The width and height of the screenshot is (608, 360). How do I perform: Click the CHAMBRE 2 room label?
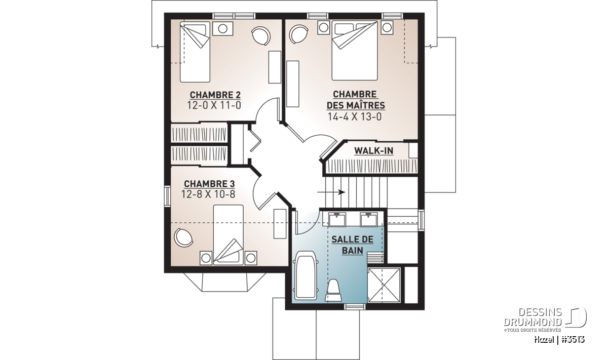coord(215,95)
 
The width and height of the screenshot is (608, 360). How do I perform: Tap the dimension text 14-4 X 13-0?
coord(355,116)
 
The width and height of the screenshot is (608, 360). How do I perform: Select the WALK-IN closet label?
coord(374,150)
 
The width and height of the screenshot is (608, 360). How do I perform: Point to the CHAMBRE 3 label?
coord(209,184)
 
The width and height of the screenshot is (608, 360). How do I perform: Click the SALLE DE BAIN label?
coord(352,245)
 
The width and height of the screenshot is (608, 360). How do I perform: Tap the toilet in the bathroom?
coord(333,290)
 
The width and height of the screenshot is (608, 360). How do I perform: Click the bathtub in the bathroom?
coord(306,275)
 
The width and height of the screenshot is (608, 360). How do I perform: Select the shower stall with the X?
coord(384,285)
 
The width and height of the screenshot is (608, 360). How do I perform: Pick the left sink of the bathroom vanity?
coord(337,219)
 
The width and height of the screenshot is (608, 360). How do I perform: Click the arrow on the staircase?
coord(331,192)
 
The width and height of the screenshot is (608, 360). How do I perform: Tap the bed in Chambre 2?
coord(195,52)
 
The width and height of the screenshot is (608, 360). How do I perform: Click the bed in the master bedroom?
coord(355,51)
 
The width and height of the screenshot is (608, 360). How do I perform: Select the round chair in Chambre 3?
coord(183,237)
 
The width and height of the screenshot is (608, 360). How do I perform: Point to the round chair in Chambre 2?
coord(261,36)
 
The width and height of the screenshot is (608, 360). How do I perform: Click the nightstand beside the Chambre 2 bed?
coord(222,28)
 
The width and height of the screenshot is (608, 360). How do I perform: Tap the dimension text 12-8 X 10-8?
coord(208,194)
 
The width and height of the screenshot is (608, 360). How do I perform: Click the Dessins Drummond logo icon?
coord(576,317)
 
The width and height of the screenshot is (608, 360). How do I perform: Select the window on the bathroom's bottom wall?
coord(355,307)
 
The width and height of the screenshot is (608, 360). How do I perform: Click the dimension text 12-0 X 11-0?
coord(214,105)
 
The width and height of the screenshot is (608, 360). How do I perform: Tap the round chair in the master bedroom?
coord(298,34)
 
